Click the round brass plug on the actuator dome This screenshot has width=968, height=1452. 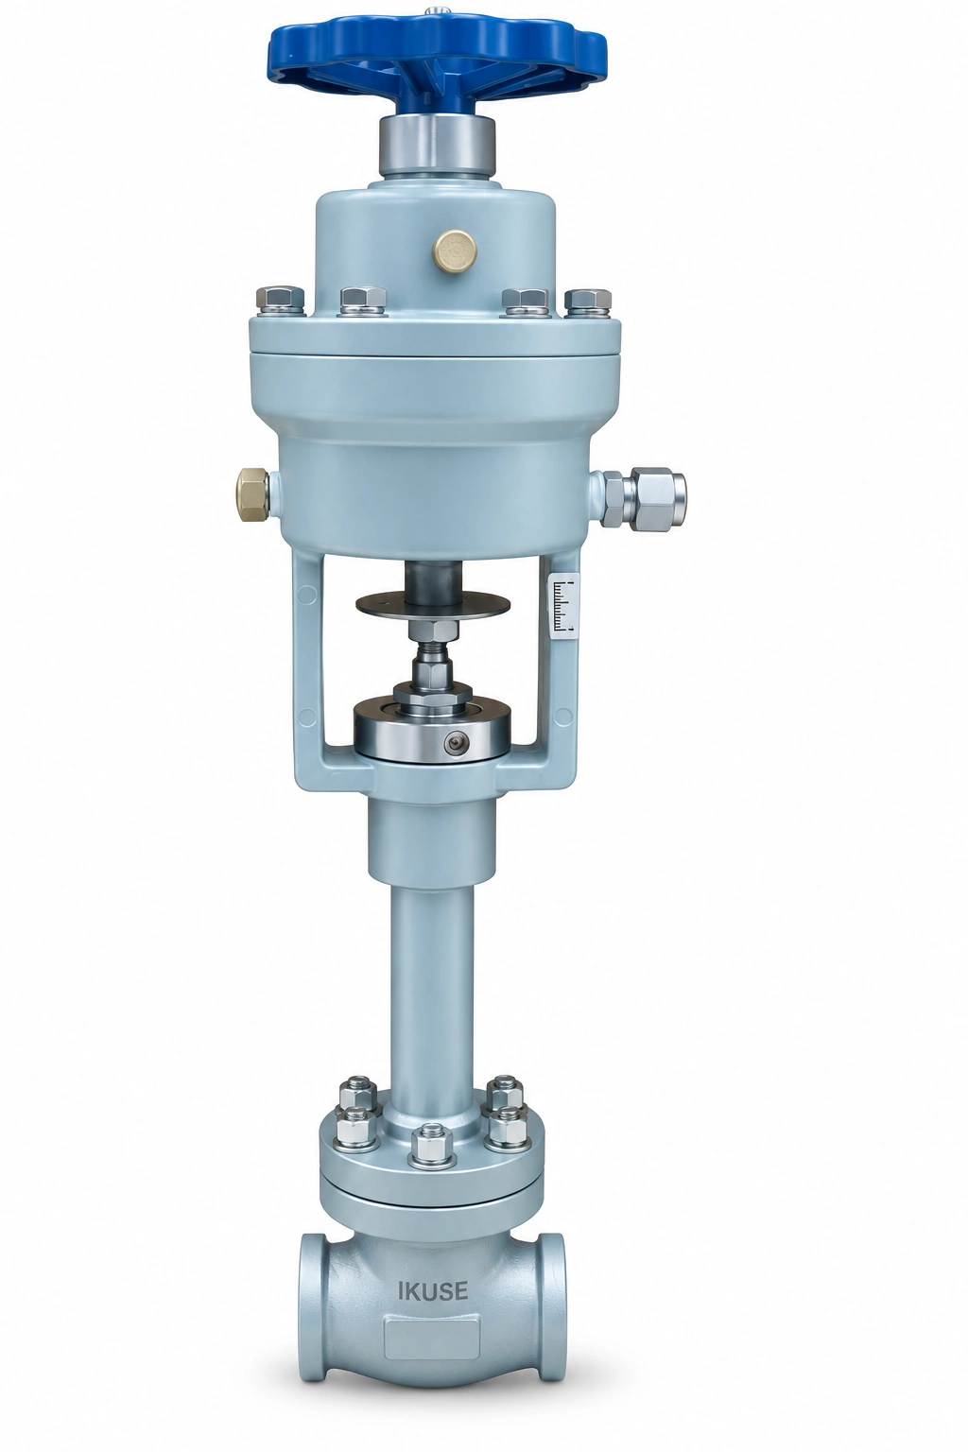click(x=457, y=247)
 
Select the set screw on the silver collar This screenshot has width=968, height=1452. click(x=459, y=741)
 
